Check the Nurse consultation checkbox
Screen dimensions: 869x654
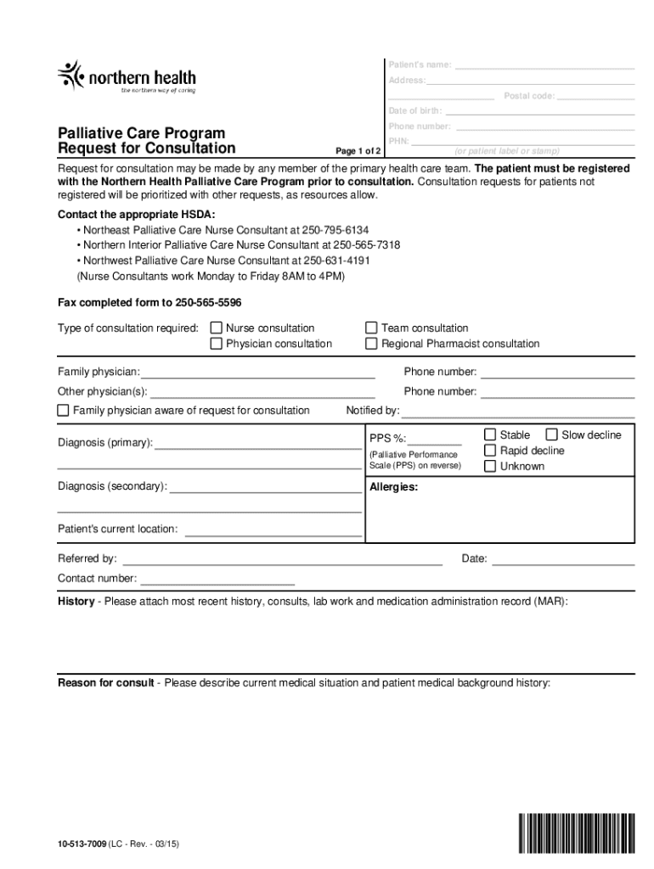217,328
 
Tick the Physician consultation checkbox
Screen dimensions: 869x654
217,344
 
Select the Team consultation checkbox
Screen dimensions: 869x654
371,328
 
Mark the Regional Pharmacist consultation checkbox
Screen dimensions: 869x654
371,344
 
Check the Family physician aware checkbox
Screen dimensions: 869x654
63,411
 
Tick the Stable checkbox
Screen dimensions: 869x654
490,434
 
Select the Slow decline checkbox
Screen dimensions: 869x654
551,434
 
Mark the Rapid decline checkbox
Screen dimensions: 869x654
490,451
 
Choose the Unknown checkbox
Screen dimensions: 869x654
490,466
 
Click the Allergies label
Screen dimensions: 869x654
393,488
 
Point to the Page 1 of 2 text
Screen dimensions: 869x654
358,151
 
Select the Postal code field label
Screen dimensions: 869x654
529,96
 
